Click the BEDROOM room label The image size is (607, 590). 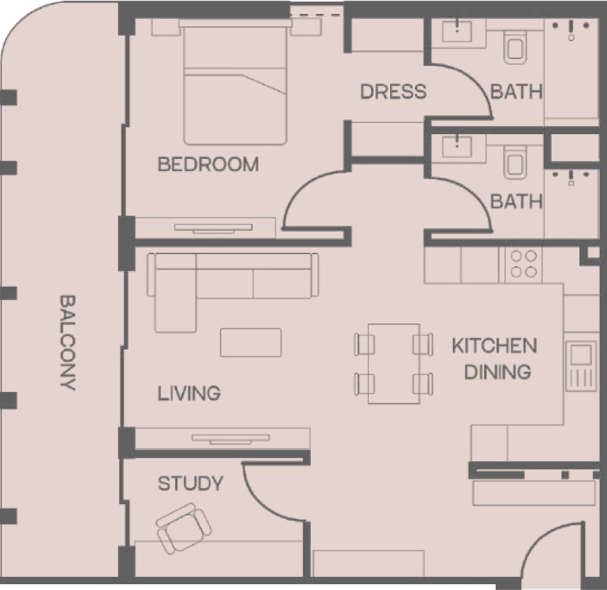pyautogui.click(x=208, y=165)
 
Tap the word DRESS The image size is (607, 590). pyautogui.click(x=393, y=92)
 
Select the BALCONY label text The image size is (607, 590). pyautogui.click(x=68, y=342)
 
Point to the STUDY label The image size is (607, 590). pyautogui.click(x=191, y=484)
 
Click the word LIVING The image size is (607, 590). pyautogui.click(x=189, y=393)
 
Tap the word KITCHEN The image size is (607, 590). pyautogui.click(x=494, y=345)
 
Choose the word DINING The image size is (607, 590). pyautogui.click(x=498, y=372)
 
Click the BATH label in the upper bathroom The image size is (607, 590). pyautogui.click(x=517, y=92)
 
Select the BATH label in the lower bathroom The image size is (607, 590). pyautogui.click(x=517, y=202)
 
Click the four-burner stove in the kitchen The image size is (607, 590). pyautogui.click(x=524, y=264)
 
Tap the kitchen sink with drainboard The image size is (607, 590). pyautogui.click(x=581, y=366)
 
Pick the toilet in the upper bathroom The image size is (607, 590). pyautogui.click(x=515, y=46)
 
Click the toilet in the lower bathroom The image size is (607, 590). pyautogui.click(x=515, y=161)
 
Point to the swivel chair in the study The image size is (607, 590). pyautogui.click(x=184, y=528)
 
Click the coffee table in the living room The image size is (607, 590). pyautogui.click(x=251, y=342)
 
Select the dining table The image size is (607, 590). pyautogui.click(x=394, y=363)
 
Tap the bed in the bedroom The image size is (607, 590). pyautogui.click(x=235, y=82)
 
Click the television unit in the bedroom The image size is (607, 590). pyautogui.click(x=213, y=228)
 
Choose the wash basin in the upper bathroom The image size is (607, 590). pyautogui.click(x=457, y=31)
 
